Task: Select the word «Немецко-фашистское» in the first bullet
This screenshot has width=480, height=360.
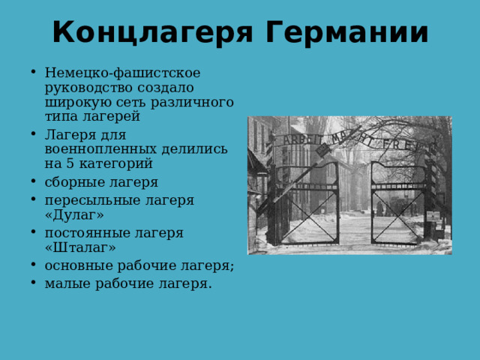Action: (x=122, y=73)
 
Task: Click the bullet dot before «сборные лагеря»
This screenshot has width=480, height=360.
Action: (x=35, y=182)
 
